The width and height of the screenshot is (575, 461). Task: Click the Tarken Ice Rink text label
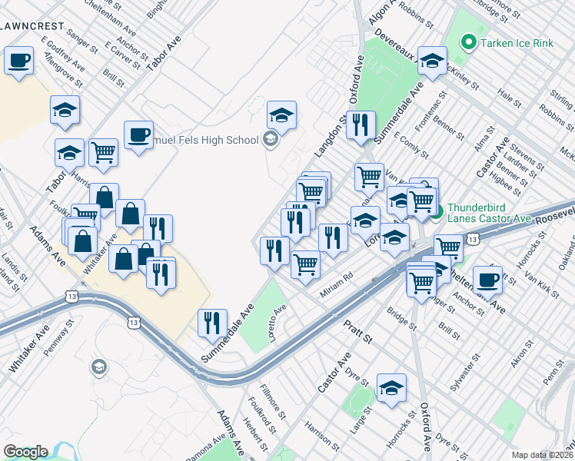click(517, 43)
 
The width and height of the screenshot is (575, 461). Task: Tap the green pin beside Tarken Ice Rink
click(467, 42)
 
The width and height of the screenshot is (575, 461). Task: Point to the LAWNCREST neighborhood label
click(32, 25)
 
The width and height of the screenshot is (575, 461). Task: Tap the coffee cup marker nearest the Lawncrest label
click(19, 61)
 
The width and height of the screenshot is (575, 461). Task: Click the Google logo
click(25, 452)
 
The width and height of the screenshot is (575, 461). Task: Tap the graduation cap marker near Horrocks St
click(391, 389)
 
